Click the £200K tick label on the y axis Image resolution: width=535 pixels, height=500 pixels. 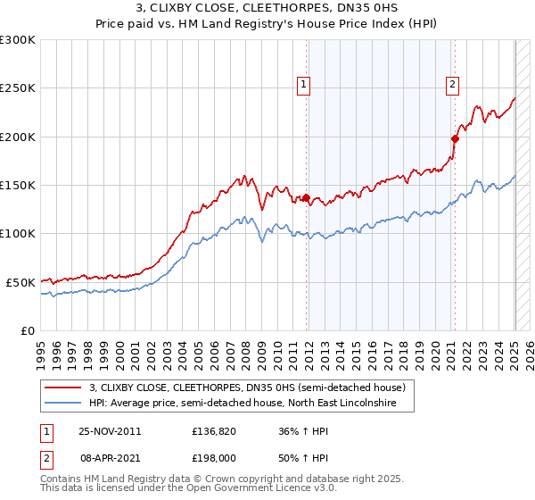tap(18, 137)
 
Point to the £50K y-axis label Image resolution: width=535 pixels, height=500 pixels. tap(21, 282)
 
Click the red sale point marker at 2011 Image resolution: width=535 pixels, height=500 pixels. tap(307, 197)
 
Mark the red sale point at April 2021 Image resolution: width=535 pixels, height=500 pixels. tap(455, 138)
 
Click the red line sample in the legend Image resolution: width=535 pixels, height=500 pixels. tap(63, 387)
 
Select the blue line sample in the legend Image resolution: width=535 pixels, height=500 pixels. tap(63, 403)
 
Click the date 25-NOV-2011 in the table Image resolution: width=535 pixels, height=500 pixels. tap(110, 430)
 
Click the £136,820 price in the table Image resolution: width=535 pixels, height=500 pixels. tap(213, 430)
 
